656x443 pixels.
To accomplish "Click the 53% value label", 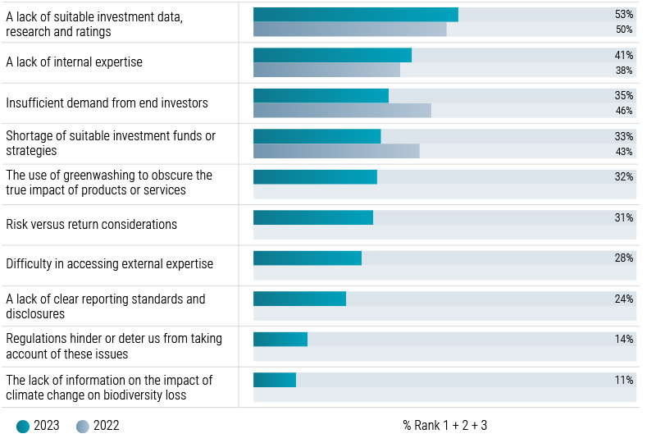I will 623,15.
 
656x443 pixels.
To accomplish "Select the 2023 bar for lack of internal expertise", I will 332,55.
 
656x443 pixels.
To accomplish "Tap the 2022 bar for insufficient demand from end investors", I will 342,111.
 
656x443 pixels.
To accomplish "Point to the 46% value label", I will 623,111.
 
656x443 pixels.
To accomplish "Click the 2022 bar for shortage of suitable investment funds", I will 336,151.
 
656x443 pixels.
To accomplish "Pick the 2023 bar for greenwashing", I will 315,176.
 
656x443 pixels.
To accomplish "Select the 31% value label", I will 623,217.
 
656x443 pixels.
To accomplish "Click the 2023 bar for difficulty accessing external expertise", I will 307,258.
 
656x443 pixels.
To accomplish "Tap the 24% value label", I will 623,299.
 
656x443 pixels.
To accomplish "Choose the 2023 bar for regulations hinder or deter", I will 280,339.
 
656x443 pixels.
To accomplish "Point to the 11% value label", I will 623,380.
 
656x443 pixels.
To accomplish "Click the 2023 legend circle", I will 23,426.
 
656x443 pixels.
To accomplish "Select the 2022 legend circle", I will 83,426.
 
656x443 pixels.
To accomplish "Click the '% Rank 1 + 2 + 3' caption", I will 444,426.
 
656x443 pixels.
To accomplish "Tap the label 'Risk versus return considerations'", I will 91,225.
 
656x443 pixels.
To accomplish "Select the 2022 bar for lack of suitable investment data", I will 349,30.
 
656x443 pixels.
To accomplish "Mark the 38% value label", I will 623,71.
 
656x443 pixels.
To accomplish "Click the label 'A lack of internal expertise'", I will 74,62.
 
